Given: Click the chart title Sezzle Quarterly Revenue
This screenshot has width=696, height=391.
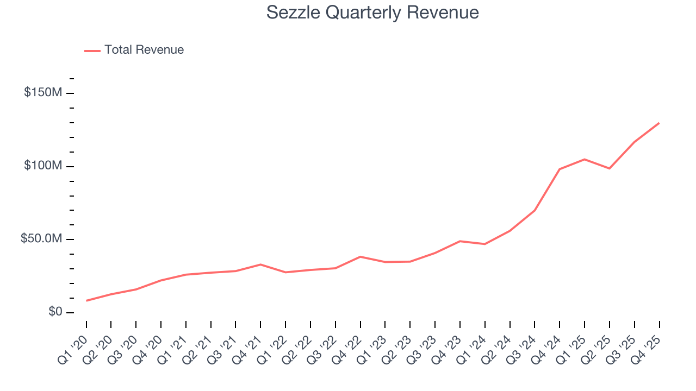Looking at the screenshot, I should (x=372, y=12).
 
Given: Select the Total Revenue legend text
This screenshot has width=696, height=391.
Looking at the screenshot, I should (x=144, y=50).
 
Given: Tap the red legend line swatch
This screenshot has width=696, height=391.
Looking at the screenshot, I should (x=92, y=51).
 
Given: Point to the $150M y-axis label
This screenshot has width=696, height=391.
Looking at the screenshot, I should (x=43, y=93).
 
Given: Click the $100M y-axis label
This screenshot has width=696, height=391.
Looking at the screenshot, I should (x=43, y=166).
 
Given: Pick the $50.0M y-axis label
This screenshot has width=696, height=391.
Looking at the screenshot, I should (x=41, y=239).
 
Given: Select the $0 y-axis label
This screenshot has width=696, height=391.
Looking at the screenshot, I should (x=55, y=312).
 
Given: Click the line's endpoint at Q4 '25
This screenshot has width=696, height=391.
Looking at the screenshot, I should (x=659, y=123).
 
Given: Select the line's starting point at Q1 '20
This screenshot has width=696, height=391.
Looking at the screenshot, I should (x=86, y=300).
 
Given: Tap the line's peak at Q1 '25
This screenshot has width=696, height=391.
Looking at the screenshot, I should (x=585, y=159).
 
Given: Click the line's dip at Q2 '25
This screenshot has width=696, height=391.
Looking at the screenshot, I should (x=610, y=168).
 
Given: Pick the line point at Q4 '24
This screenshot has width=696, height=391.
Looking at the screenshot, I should (x=560, y=169).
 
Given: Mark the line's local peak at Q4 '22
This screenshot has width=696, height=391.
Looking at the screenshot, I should (x=361, y=256).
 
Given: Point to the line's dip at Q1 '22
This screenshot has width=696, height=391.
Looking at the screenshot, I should (x=285, y=272).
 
